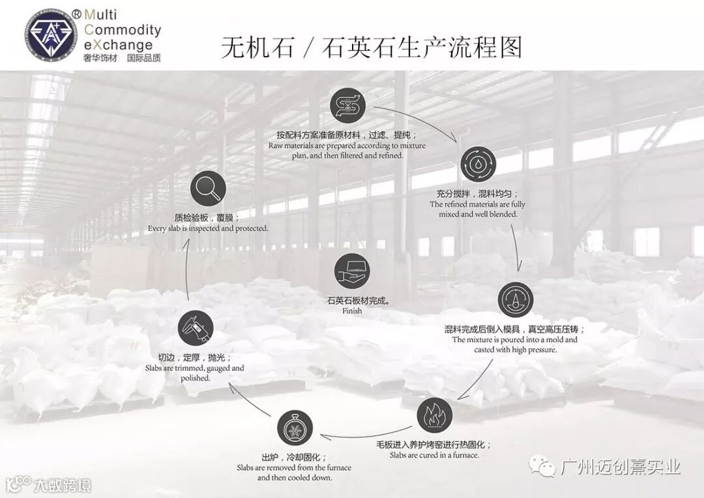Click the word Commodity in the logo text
123,30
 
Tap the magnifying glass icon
208,189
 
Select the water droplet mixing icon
478,164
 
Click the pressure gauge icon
515,300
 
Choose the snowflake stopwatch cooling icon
295,429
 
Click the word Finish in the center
352,311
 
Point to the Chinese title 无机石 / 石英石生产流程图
372,48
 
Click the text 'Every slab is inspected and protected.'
208,228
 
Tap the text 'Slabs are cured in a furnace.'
434,455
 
